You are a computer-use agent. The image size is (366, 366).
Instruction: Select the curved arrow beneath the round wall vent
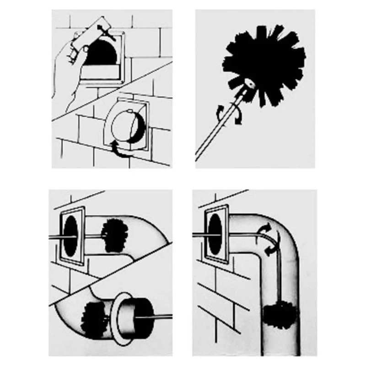point(120,150)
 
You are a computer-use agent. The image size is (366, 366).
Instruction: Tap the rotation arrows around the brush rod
point(229,112)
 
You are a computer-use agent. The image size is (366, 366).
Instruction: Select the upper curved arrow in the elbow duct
point(265,229)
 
